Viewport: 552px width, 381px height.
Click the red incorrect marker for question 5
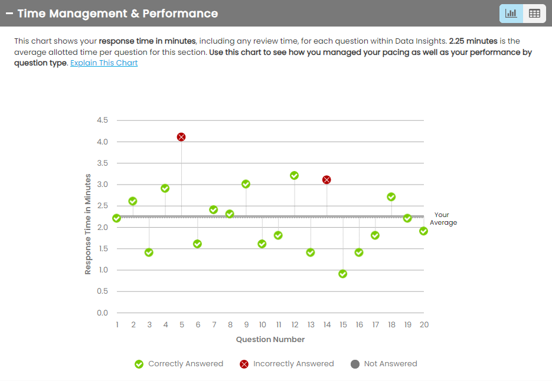[181, 137]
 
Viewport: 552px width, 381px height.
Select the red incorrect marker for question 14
[326, 179]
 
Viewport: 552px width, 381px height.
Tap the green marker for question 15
[342, 274]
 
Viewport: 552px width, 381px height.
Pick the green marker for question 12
[294, 175]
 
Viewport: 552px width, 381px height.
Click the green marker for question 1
[117, 218]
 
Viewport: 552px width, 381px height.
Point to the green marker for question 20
[423, 231]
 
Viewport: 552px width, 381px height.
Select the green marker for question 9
[246, 184]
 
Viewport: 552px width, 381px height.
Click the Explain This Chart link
[104, 63]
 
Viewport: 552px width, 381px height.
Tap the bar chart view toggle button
[511, 14]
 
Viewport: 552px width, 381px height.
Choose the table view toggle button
[534, 14]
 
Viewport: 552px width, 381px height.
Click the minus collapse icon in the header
[9, 14]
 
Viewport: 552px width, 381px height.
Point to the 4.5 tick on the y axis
[102, 120]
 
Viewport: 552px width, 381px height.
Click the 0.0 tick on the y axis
[102, 313]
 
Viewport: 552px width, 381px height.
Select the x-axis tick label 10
[262, 325]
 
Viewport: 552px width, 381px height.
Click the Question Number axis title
[270, 339]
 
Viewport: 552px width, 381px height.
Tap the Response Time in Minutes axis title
[88, 224]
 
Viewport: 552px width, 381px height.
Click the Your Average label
[443, 219]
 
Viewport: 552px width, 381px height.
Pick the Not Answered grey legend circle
[355, 364]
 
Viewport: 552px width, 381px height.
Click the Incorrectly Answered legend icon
[244, 364]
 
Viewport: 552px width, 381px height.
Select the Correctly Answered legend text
[185, 364]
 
